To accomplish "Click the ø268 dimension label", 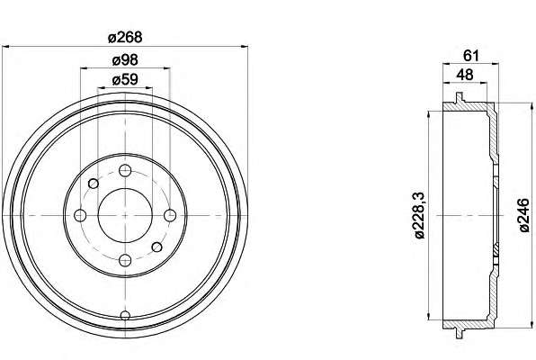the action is tap(125, 37).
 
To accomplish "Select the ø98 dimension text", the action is tap(125, 60).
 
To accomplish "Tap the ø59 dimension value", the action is tap(125, 79).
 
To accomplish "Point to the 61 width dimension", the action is tap(471, 56).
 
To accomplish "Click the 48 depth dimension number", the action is tap(465, 75).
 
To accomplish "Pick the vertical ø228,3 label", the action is tap(420, 215).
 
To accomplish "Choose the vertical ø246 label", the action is tap(524, 216).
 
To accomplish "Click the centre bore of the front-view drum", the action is tap(125, 215).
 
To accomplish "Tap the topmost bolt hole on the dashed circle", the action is tap(125, 170).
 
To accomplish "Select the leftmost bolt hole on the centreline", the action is tap(80, 215).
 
